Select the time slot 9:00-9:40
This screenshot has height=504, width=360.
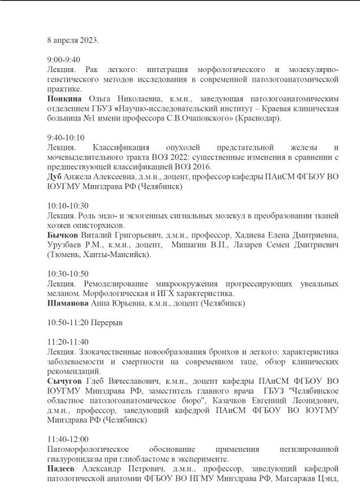(x=64, y=60)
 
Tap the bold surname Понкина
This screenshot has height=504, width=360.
(x=64, y=98)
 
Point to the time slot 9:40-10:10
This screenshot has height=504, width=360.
(x=66, y=137)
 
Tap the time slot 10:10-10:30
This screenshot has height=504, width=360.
(x=68, y=205)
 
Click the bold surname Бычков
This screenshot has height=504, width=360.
(x=61, y=235)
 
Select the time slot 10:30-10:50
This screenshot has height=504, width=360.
(x=68, y=274)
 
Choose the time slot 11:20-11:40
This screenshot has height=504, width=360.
(x=68, y=342)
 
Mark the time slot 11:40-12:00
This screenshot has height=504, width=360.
(x=68, y=439)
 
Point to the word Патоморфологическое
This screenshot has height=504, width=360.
(x=86, y=449)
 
